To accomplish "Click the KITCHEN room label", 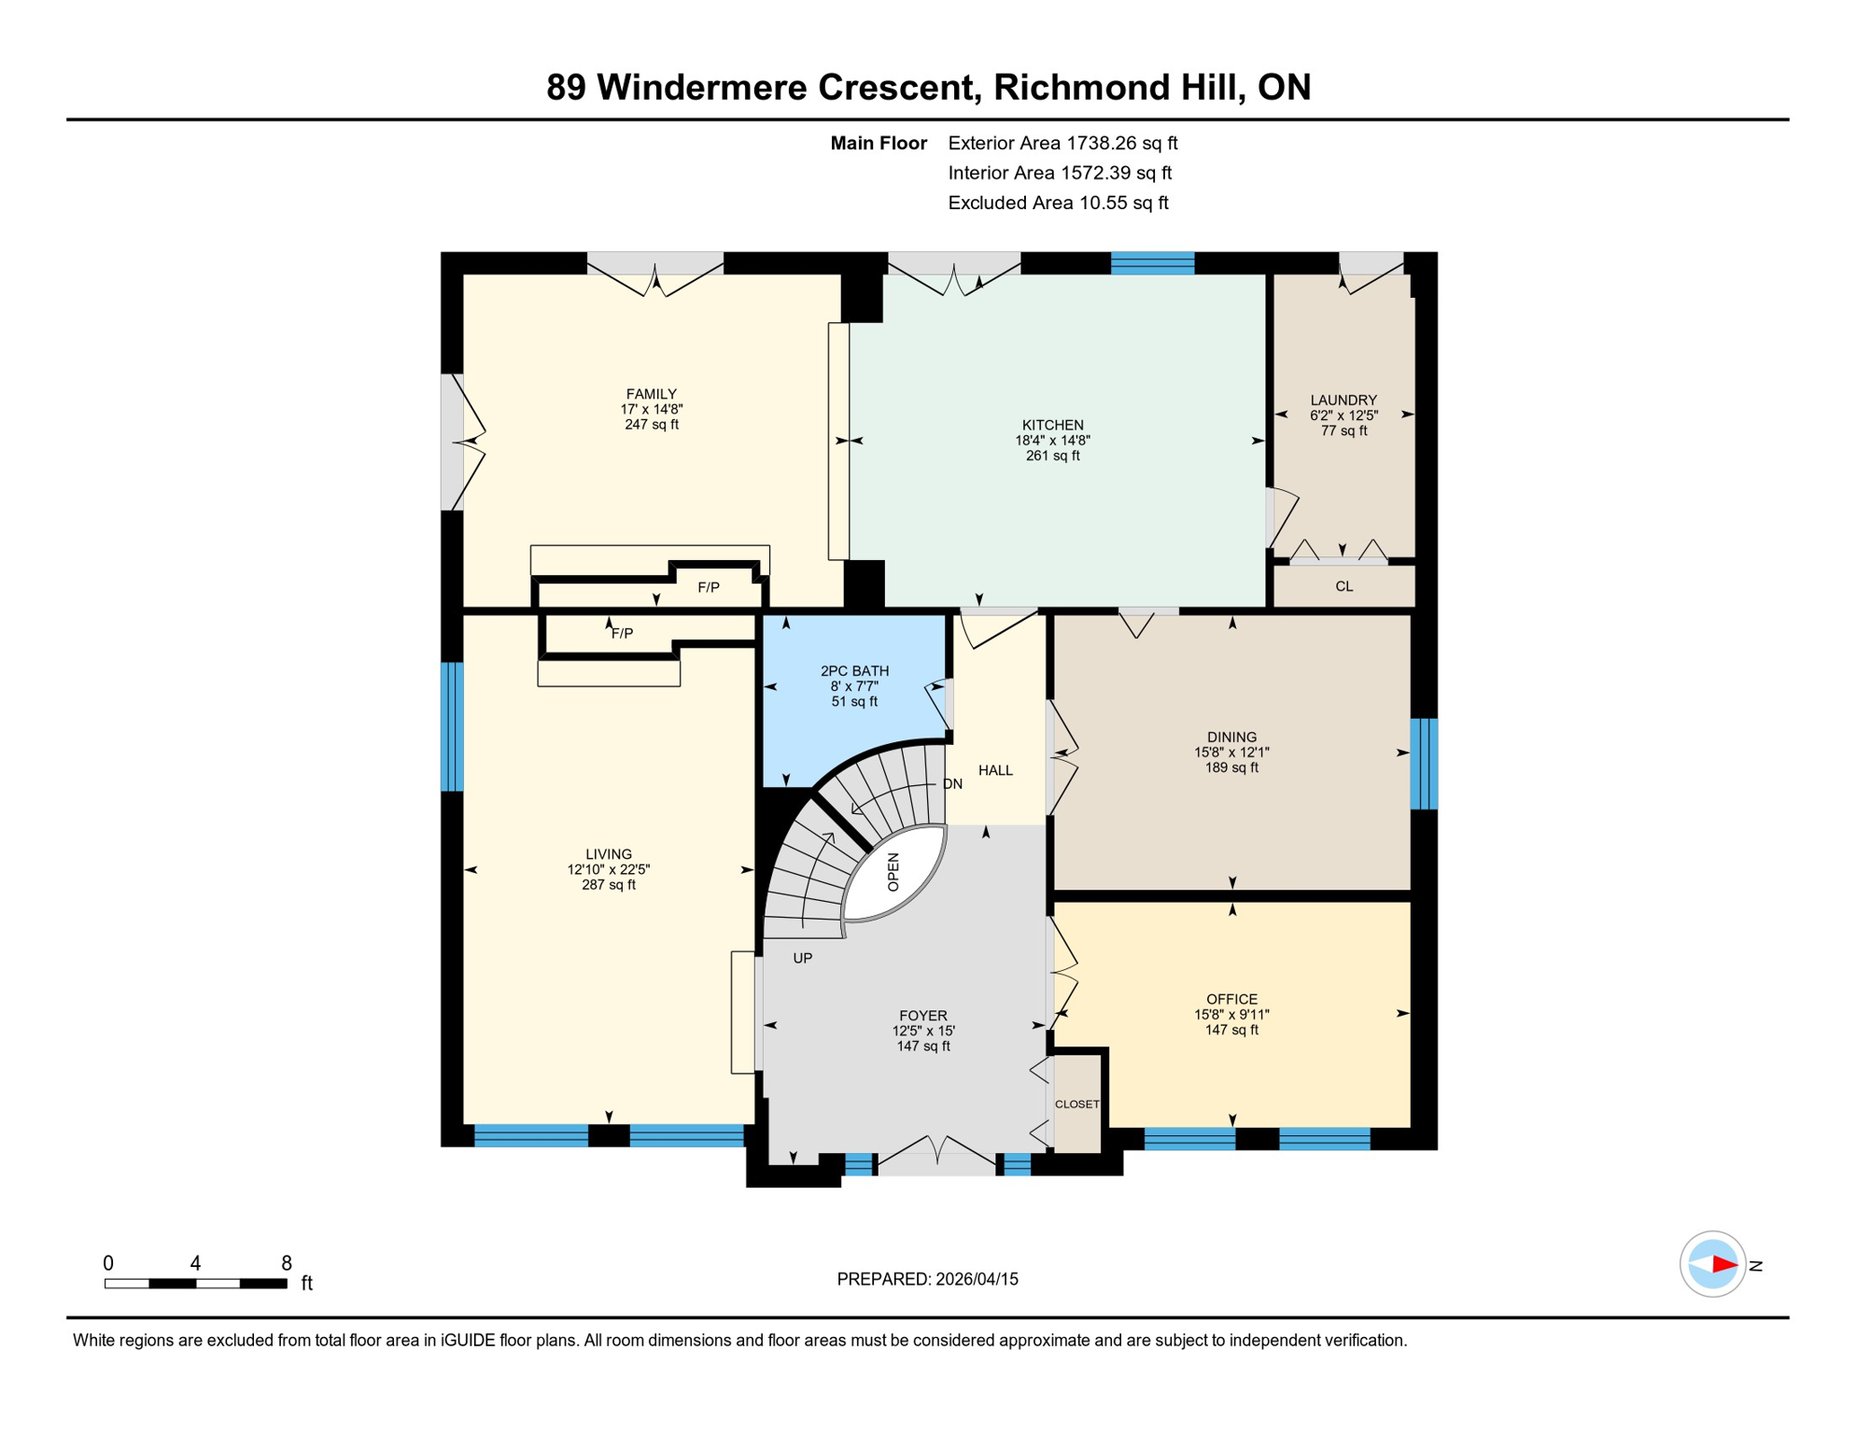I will [1052, 425].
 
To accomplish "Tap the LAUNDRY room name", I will [1343, 400].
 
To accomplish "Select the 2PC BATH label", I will [854, 670].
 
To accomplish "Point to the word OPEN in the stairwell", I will [893, 872].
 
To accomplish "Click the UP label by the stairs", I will [802, 958].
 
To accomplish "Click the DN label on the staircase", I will [952, 784].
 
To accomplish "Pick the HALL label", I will [995, 770].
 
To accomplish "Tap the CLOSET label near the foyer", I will [1076, 1104].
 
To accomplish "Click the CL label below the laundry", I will [1343, 586].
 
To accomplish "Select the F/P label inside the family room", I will [709, 587].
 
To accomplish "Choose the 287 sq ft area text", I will [609, 885].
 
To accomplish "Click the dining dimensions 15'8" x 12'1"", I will [1231, 752].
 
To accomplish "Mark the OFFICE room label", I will [1231, 999].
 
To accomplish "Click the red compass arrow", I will [1723, 1265].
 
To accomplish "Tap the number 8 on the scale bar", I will [287, 1263].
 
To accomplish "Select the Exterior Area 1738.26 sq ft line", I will [1062, 143].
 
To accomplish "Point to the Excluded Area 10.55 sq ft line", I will [1058, 203].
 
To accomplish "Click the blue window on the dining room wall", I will [1423, 763].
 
